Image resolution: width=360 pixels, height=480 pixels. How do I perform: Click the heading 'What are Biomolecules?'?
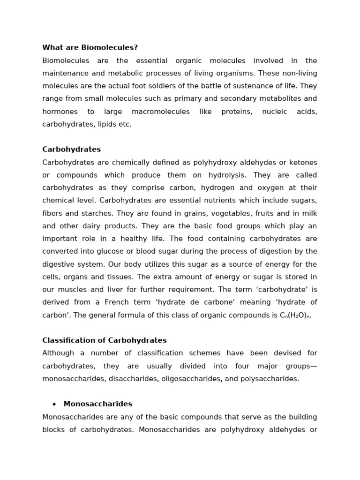click(x=90, y=48)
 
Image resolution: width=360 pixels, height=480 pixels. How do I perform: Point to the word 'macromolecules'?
click(x=160, y=112)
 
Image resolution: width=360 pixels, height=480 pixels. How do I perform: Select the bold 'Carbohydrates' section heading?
click(x=71, y=150)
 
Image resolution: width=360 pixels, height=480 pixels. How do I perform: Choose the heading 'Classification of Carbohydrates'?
click(x=105, y=340)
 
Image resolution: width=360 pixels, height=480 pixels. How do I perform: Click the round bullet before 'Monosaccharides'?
click(x=54, y=405)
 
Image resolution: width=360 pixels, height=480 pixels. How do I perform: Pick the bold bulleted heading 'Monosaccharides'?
click(x=97, y=404)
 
